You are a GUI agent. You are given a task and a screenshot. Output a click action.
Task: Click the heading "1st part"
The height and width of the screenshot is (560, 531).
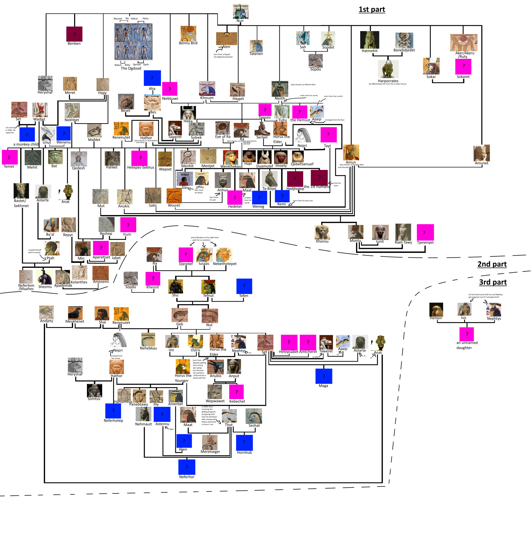(x=372, y=9)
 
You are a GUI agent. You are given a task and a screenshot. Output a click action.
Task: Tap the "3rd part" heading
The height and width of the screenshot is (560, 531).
(x=493, y=282)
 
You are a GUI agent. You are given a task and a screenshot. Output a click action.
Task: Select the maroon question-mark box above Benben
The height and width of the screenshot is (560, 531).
(x=74, y=34)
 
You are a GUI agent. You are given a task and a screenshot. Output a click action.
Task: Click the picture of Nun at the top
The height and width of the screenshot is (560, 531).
(x=240, y=11)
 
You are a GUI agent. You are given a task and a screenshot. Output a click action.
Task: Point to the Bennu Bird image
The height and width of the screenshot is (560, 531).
(x=188, y=33)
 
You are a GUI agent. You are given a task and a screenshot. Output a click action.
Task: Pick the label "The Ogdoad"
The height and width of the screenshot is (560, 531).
(x=131, y=68)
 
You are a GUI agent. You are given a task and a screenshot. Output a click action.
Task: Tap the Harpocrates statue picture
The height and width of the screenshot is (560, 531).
(x=388, y=69)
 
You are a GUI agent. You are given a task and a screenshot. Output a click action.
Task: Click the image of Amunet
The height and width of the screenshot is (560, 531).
(x=481, y=153)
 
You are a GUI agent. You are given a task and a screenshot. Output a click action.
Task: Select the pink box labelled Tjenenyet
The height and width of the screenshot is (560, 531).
(x=425, y=232)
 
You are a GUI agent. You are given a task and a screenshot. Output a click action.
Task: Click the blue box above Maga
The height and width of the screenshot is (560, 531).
(x=324, y=376)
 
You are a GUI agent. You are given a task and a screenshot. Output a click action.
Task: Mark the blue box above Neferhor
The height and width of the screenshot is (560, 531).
(x=187, y=467)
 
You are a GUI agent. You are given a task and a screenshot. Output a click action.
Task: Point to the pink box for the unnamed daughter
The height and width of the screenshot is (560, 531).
(x=467, y=334)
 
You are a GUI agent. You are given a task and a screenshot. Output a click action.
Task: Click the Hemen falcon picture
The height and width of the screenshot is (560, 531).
(x=436, y=309)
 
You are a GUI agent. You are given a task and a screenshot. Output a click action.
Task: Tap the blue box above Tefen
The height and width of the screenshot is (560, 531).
(x=244, y=286)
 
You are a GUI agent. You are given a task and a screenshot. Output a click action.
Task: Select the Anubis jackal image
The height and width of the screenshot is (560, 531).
(x=215, y=367)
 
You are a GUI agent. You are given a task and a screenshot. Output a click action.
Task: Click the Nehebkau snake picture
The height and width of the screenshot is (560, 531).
(x=148, y=340)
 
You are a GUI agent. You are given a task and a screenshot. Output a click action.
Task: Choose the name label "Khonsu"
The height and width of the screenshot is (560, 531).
(x=322, y=241)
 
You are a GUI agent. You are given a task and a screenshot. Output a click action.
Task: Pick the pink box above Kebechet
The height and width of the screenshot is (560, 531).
(x=236, y=392)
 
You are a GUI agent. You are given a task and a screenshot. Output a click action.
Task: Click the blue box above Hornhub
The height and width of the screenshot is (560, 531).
(x=244, y=442)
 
